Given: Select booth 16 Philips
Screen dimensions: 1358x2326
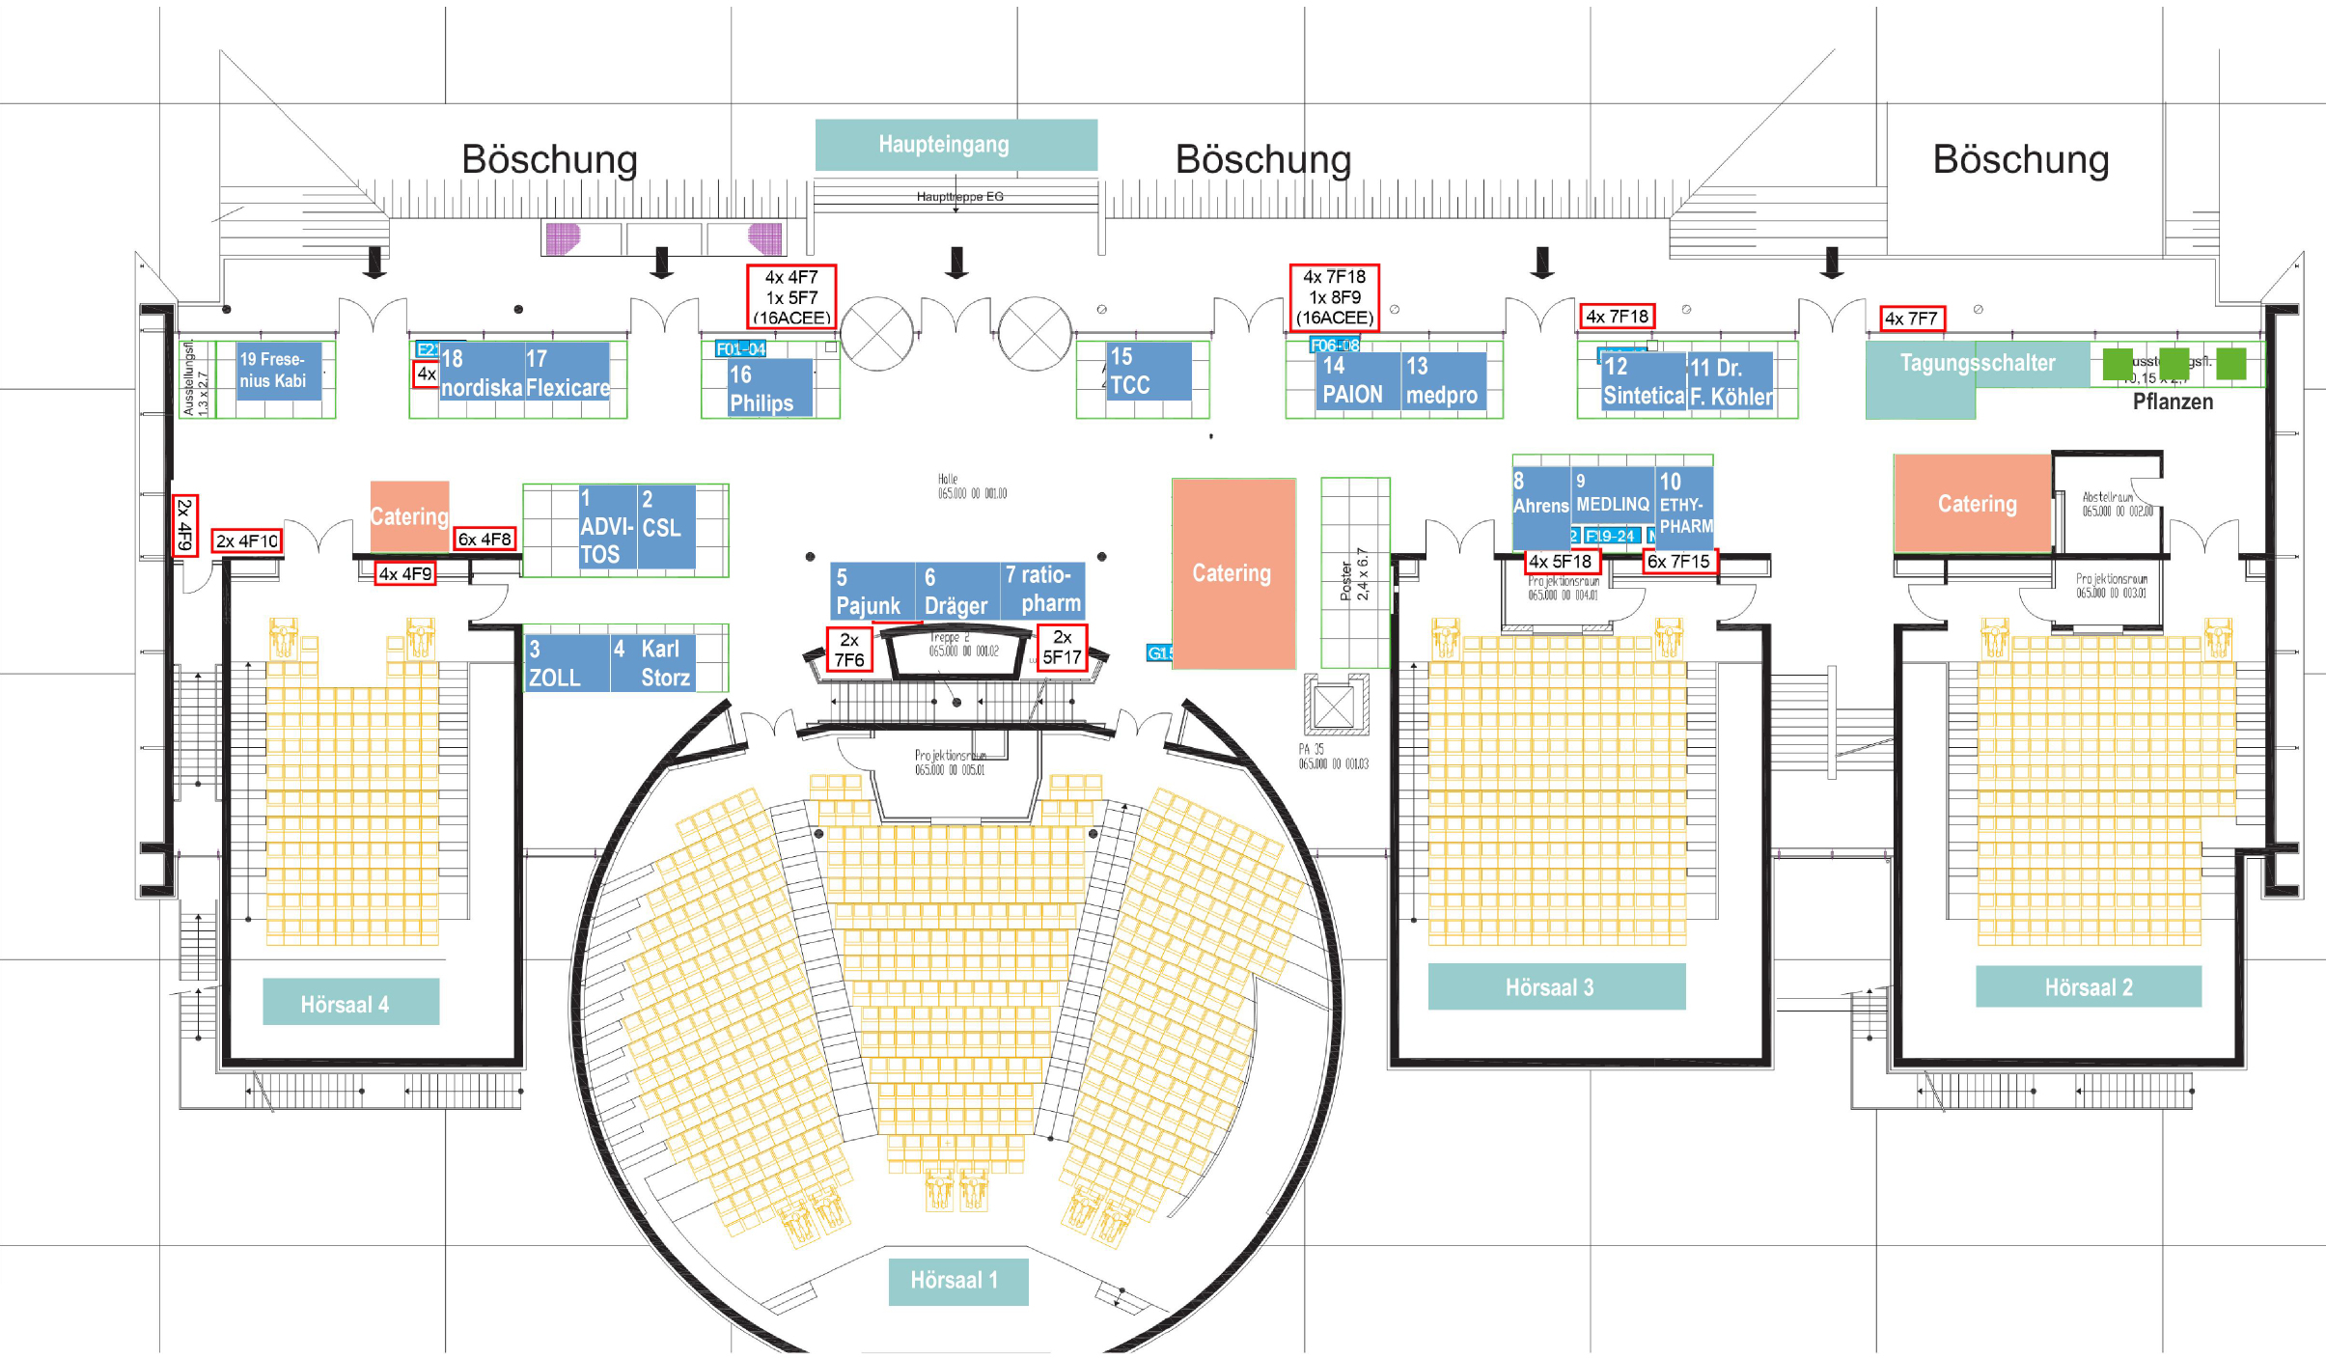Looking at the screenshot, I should point(769,388).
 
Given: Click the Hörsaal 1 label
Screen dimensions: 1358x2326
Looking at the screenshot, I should point(956,1281).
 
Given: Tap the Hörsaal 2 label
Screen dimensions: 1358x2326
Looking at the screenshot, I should point(2088,987).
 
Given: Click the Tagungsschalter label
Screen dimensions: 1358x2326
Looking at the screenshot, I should point(1977,364).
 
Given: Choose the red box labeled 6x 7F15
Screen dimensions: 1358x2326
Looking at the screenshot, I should point(1678,562).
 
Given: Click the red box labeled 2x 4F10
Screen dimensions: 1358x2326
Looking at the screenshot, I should point(247,541).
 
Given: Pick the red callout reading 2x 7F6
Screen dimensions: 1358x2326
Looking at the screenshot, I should point(849,650).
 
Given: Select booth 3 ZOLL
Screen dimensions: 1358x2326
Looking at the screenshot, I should point(566,663).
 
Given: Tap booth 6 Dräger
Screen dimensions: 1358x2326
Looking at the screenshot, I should point(955,591).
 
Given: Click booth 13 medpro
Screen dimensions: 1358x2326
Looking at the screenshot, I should point(1442,381).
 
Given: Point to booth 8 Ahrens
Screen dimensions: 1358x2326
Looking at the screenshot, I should point(1540,495).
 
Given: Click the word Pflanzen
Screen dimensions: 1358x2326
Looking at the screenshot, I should point(2172,402).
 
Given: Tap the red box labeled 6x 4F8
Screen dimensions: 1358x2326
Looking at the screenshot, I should point(485,540).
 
